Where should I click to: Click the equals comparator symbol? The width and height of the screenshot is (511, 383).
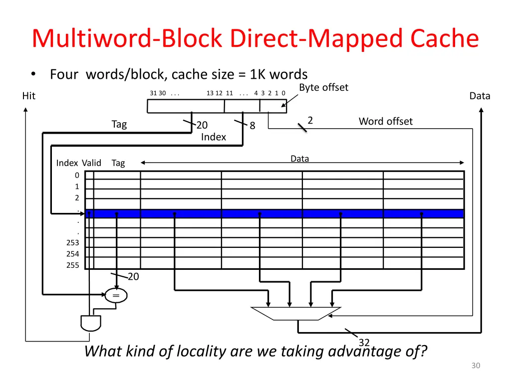(x=116, y=296)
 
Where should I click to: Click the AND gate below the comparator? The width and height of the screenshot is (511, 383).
(x=90, y=323)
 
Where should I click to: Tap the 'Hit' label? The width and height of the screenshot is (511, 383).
(x=29, y=96)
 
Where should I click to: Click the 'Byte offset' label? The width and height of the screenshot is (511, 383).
(x=323, y=88)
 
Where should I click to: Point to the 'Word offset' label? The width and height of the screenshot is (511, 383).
(x=385, y=121)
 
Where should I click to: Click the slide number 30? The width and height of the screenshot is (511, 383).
(x=476, y=366)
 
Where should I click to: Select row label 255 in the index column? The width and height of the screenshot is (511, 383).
(x=73, y=265)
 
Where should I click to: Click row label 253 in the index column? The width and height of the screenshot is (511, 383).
(x=73, y=243)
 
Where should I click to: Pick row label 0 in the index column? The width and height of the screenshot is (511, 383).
(x=77, y=175)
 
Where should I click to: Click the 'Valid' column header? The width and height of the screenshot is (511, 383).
(x=91, y=163)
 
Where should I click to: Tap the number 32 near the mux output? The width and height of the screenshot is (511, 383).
(x=364, y=343)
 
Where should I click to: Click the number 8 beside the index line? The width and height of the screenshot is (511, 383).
(x=253, y=126)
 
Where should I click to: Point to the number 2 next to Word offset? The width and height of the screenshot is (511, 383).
(x=310, y=120)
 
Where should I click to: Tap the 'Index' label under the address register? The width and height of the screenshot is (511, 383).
(x=214, y=137)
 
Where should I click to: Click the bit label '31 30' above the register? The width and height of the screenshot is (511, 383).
(x=158, y=93)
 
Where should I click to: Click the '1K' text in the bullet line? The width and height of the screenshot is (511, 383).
(x=258, y=75)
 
